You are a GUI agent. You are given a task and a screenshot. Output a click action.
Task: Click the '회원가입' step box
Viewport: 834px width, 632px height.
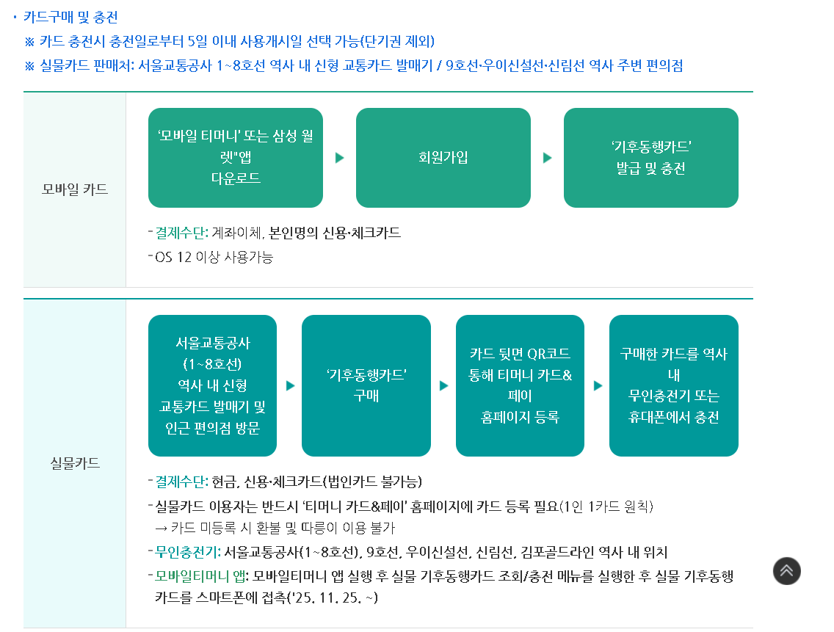[443, 158]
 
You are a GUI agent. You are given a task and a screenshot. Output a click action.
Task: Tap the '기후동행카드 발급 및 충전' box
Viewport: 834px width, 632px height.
[650, 158]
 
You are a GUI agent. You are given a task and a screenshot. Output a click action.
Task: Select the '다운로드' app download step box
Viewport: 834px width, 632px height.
[235, 158]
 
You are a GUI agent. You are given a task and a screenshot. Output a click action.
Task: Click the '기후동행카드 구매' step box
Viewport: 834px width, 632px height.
[366, 385]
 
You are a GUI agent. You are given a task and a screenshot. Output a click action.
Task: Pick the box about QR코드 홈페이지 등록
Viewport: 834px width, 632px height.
[520, 385]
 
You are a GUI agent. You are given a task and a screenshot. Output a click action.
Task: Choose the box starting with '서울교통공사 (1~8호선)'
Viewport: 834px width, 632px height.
[212, 385]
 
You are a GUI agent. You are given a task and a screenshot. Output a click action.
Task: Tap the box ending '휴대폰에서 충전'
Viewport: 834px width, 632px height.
[673, 385]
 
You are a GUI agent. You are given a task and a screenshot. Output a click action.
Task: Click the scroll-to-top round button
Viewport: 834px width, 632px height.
[786, 571]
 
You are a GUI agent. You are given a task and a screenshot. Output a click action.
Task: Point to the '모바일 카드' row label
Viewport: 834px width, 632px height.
[75, 189]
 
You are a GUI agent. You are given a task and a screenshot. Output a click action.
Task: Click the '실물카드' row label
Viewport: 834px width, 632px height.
[75, 463]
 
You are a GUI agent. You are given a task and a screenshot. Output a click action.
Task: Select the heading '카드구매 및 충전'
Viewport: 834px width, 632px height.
[70, 17]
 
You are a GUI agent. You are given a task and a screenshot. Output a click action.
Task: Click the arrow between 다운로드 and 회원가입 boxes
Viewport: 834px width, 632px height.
[340, 158]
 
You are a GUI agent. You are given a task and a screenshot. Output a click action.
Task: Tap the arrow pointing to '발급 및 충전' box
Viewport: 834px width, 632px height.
[547, 158]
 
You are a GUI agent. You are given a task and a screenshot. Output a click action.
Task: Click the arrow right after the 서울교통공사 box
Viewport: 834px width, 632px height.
[290, 385]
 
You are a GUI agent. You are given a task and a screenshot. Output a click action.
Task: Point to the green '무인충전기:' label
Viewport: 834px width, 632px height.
[188, 552]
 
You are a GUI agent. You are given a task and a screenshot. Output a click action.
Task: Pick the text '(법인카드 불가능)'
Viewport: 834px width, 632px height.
[373, 482]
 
